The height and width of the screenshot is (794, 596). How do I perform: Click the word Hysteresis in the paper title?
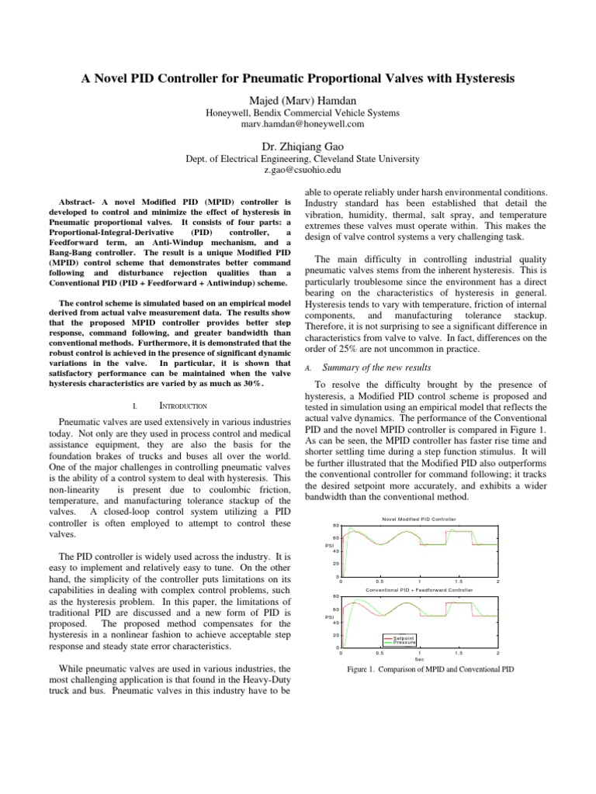point(478,78)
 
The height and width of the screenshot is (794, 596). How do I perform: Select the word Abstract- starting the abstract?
point(83,201)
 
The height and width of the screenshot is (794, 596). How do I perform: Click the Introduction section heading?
point(183,405)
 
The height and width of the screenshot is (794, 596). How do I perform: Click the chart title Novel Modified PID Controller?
point(419,519)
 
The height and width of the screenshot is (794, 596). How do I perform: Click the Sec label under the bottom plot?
point(419,660)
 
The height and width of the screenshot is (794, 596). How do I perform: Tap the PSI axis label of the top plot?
point(329,545)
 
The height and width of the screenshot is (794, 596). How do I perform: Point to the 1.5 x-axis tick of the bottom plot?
point(459,654)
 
